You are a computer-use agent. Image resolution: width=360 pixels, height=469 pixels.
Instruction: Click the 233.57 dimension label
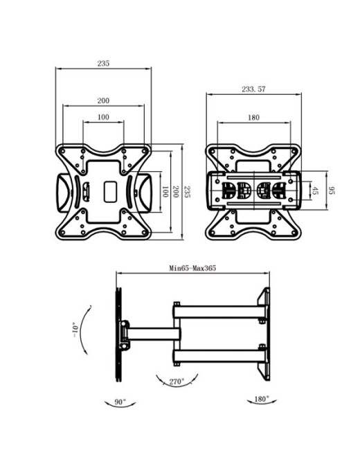(x=254, y=89)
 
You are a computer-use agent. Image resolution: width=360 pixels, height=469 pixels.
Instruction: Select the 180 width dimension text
(x=253, y=118)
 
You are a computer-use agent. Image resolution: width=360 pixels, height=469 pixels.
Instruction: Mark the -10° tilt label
(x=73, y=329)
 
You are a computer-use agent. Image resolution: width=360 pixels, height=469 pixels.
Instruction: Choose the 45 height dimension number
(x=315, y=190)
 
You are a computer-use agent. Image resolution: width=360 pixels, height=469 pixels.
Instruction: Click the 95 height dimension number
(x=332, y=190)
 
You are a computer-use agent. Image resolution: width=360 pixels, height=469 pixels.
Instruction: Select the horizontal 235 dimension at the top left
(x=103, y=63)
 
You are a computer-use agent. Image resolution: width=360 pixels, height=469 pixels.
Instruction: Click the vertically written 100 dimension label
(x=165, y=191)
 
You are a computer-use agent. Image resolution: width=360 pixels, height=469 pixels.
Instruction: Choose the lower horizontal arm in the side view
(x=218, y=357)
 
